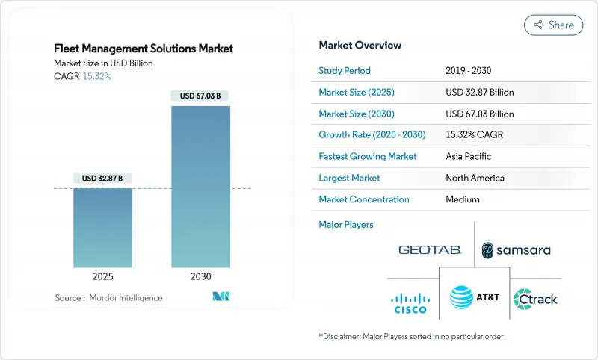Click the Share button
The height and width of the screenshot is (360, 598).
pyautogui.click(x=553, y=25)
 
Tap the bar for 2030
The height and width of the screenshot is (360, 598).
pyautogui.click(x=200, y=187)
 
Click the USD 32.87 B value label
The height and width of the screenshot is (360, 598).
pyautogui.click(x=103, y=178)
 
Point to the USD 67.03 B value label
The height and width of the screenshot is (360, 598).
pyautogui.click(x=200, y=96)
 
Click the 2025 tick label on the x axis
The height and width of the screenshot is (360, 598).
pyautogui.click(x=103, y=276)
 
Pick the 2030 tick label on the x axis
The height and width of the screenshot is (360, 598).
pyautogui.click(x=200, y=276)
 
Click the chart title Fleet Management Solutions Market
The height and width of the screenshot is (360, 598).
pyautogui.click(x=144, y=49)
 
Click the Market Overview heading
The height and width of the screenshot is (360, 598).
pyautogui.click(x=360, y=45)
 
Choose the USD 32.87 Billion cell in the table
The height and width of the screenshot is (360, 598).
pyautogui.click(x=479, y=93)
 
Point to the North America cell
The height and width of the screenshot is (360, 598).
pyautogui.click(x=475, y=178)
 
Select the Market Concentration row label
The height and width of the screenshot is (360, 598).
pyautogui.click(x=364, y=199)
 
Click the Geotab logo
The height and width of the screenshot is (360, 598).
pyautogui.click(x=430, y=249)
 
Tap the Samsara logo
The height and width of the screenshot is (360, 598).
pyautogui.click(x=516, y=249)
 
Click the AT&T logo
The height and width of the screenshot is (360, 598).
pyautogui.click(x=474, y=297)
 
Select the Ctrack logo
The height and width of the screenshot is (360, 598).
pyautogui.click(x=536, y=300)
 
